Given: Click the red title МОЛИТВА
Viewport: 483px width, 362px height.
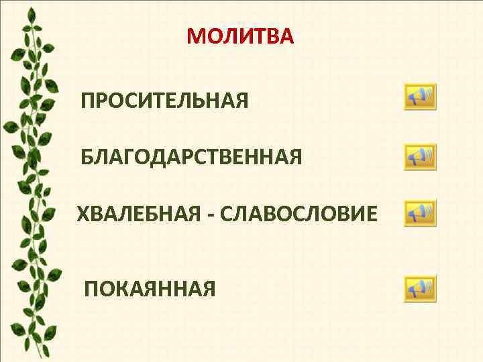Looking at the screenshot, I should pos(240,36).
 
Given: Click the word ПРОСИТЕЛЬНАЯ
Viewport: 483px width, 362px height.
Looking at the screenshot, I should pos(164,102).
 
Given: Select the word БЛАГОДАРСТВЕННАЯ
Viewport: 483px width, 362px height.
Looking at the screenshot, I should pos(191,158).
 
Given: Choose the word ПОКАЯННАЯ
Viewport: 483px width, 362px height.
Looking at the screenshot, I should pos(150,289).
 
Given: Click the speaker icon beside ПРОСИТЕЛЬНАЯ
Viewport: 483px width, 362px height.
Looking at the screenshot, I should pos(420,97).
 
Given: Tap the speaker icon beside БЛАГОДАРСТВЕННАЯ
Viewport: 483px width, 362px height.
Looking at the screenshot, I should pos(420,157).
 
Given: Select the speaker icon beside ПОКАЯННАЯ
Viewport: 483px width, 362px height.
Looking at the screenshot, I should pos(420,289).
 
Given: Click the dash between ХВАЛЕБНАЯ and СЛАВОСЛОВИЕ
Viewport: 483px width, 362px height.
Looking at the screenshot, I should pos(209,216).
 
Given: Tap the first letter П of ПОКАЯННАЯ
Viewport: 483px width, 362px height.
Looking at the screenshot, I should pos(91,289).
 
